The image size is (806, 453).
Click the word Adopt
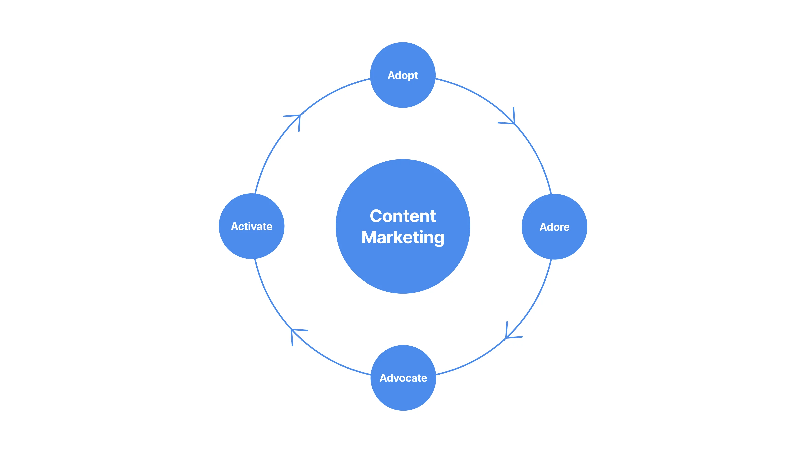pyautogui.click(x=403, y=75)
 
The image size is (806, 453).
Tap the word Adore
pyautogui.click(x=555, y=227)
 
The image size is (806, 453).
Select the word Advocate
pyautogui.click(x=403, y=378)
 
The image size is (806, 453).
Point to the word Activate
pyautogui.click(x=251, y=226)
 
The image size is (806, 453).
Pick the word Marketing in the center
pyautogui.click(x=403, y=237)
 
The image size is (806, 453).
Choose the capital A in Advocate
pyautogui.click(x=384, y=378)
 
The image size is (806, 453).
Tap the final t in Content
pyautogui.click(x=433, y=216)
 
